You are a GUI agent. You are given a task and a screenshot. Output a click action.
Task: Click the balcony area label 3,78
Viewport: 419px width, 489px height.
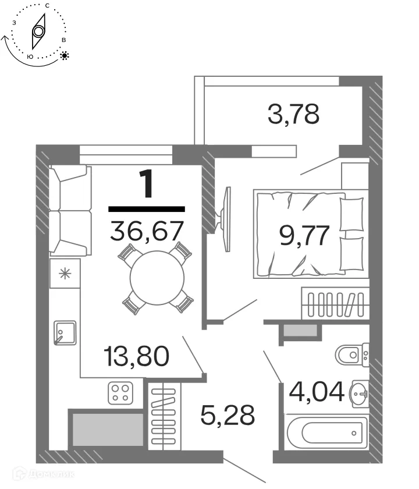point(293,114)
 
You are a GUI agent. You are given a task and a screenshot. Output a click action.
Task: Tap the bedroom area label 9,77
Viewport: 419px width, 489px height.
point(305,236)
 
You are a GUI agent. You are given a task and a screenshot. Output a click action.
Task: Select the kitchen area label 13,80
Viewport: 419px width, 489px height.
point(137,355)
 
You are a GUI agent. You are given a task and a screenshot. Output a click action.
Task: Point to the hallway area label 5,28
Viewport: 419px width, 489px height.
point(228,415)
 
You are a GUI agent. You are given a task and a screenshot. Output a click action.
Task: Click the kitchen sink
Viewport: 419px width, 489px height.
point(65,333)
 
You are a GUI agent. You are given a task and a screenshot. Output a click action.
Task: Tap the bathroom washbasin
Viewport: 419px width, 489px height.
point(358,396)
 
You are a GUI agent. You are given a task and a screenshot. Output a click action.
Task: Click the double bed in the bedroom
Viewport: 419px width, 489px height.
point(308,233)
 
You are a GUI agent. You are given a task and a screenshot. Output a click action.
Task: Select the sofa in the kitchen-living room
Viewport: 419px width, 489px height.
point(70,210)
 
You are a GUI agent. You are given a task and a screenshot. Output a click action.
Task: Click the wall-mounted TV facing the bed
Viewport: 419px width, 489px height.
point(226,218)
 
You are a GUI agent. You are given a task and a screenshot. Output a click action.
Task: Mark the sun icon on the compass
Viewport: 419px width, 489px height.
point(65,56)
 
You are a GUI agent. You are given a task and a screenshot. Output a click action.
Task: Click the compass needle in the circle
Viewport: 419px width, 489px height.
point(38,31)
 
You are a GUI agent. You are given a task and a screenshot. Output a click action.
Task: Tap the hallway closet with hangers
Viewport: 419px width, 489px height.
point(164,414)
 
